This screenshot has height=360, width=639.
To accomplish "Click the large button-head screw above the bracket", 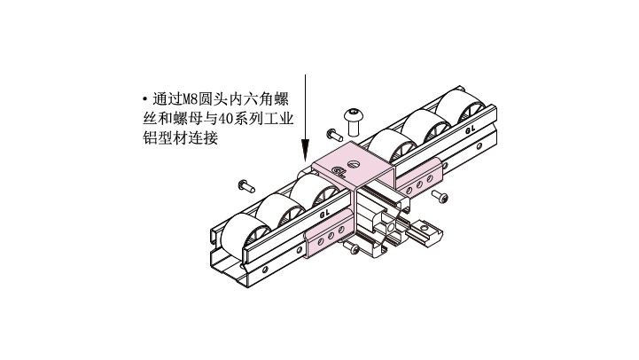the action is coord(354,121).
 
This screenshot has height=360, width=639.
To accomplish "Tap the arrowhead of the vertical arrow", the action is coord(305,151).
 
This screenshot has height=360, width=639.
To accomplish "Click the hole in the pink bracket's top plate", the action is coord(354,164).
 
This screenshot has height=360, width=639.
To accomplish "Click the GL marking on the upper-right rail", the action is coord(471,129).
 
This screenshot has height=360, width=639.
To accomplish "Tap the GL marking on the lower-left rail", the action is coord(324,213).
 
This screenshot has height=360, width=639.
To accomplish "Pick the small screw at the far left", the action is coord(246,186).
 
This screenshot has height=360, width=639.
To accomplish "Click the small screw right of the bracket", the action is coord(440,197).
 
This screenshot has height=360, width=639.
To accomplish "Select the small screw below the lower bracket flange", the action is coord(352,247).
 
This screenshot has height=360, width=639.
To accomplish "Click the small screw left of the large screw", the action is coord(335,135).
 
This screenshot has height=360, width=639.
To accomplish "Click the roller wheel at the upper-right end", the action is coord(461,105).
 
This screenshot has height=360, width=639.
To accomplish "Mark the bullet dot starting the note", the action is coord(144,99).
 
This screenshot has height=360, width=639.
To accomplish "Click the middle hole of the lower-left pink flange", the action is coord(331,236).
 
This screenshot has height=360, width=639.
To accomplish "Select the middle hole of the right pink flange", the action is coord(419,184).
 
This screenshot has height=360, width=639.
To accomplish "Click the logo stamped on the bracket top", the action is coord(339,172).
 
